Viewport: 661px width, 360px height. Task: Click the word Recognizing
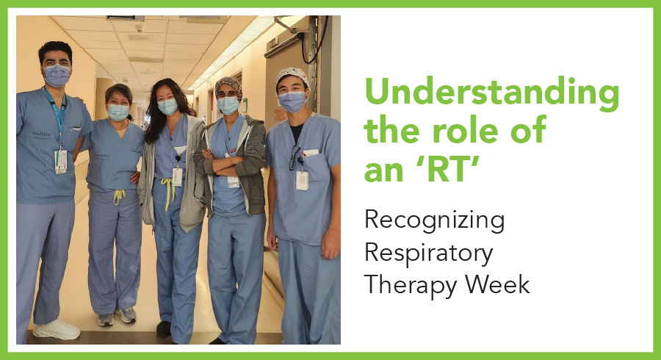[x=434, y=221]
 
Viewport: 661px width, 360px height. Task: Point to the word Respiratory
[x=429, y=253]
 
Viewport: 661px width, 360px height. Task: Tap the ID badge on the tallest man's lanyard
[x=61, y=161]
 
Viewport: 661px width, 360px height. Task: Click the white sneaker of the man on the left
[x=57, y=329]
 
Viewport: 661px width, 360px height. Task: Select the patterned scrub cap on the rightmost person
[x=292, y=76]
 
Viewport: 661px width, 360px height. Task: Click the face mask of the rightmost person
[x=292, y=101]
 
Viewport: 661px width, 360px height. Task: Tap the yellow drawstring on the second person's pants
[x=119, y=195]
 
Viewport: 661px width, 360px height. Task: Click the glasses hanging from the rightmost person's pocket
[x=295, y=158]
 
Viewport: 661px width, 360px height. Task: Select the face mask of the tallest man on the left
[x=57, y=75]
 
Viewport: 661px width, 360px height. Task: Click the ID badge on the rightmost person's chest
[x=302, y=180]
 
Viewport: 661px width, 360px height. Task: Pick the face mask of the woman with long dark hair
[x=167, y=107]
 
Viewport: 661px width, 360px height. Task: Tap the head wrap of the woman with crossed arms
[x=228, y=85]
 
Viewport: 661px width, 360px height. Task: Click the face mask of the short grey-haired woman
[x=118, y=112]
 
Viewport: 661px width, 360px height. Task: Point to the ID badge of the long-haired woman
[x=178, y=176]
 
